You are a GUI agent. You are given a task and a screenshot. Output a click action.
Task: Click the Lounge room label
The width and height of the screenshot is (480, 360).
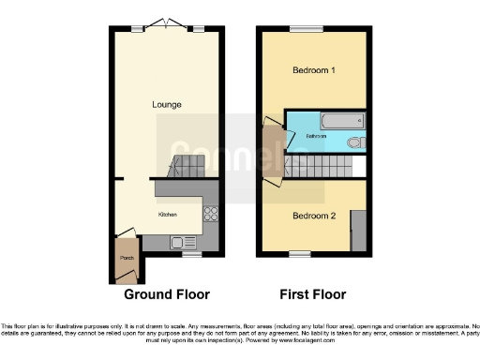click(x=168, y=104)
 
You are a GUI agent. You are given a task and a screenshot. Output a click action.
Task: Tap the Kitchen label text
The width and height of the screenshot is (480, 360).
click(x=168, y=214)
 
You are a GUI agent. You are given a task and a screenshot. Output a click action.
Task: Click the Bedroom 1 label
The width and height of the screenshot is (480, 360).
click(x=314, y=71)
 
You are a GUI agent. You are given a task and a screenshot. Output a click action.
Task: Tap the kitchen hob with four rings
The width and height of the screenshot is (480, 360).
click(x=211, y=213)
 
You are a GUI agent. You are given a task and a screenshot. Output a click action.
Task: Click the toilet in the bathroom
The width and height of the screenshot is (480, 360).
click(x=353, y=143)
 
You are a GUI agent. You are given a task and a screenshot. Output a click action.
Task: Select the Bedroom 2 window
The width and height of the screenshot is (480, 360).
click(x=300, y=253)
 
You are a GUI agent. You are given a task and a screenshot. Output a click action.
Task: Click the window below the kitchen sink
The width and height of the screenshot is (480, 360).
click(x=192, y=253)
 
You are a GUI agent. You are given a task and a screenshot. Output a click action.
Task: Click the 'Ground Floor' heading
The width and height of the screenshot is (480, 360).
click(x=167, y=293)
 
